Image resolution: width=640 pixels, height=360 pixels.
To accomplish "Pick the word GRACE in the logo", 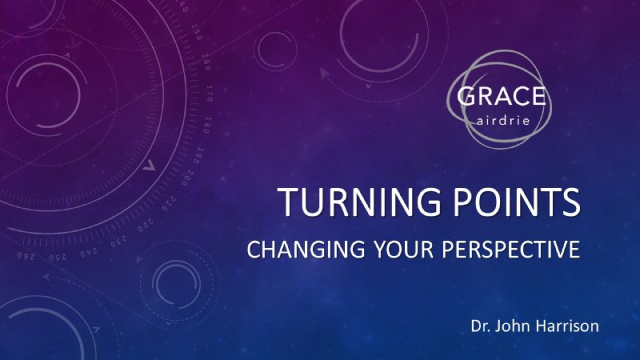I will point(502,98).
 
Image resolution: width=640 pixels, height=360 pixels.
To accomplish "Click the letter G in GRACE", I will point(467,98).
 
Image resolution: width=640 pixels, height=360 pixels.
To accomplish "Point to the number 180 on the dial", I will point(206,125).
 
